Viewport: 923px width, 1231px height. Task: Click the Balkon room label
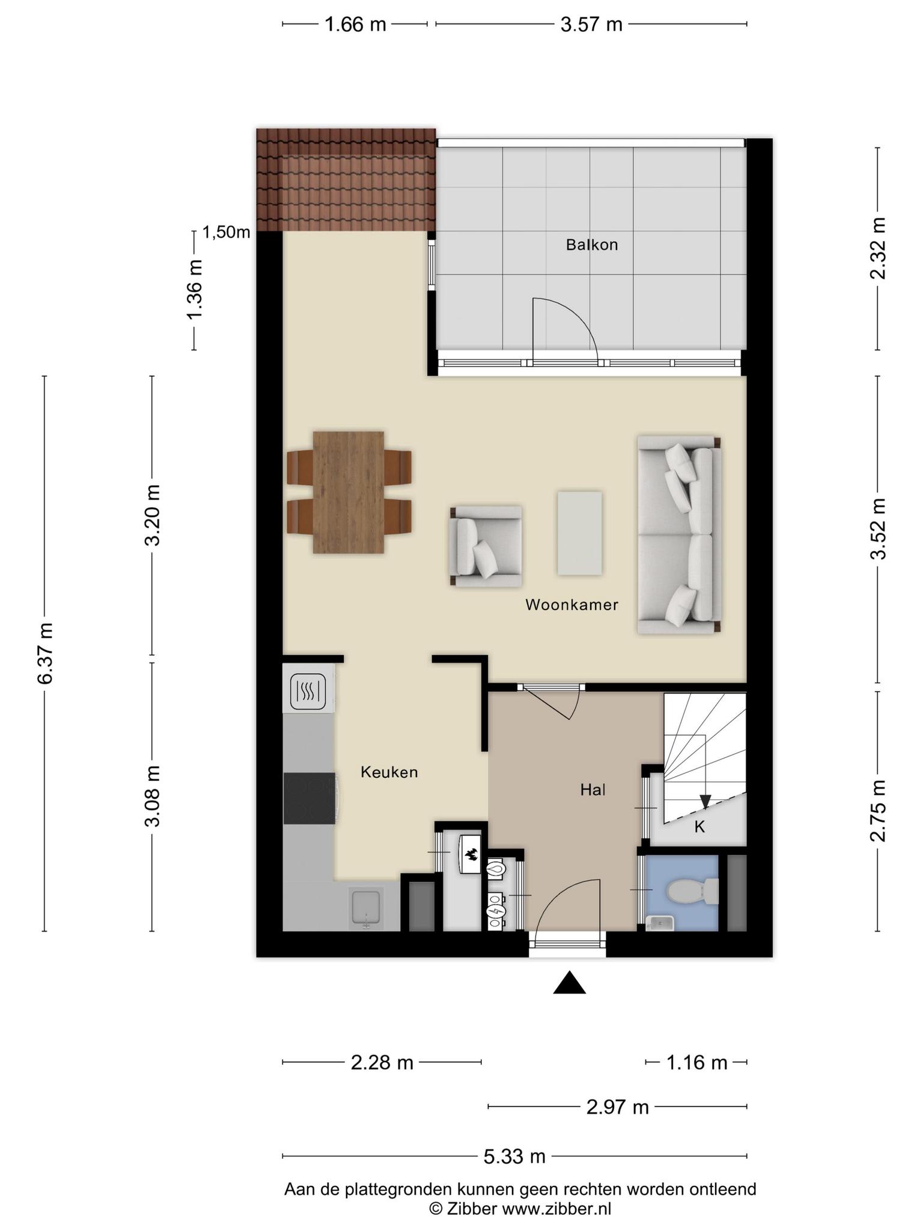(x=592, y=245)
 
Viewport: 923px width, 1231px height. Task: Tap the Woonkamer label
(x=571, y=605)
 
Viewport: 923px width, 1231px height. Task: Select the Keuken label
(x=389, y=772)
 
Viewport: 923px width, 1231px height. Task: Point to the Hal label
(x=592, y=790)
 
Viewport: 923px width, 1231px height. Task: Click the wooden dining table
(x=349, y=492)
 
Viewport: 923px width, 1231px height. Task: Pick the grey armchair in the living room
(x=486, y=546)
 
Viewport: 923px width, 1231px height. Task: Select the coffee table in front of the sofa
(x=579, y=533)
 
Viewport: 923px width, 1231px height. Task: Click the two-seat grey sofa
(x=679, y=534)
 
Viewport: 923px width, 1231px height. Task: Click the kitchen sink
(x=367, y=908)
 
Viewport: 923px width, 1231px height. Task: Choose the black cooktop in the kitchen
(x=309, y=798)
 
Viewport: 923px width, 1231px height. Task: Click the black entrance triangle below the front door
(x=569, y=983)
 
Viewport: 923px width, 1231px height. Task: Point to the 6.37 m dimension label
(x=46, y=653)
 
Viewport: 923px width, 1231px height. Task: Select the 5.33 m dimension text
(x=514, y=1156)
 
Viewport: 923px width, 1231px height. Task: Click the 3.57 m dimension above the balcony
(x=591, y=25)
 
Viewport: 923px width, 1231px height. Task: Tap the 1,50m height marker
(x=226, y=232)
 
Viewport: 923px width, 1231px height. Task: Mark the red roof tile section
(x=346, y=179)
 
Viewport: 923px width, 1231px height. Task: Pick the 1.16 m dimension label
(x=696, y=1063)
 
